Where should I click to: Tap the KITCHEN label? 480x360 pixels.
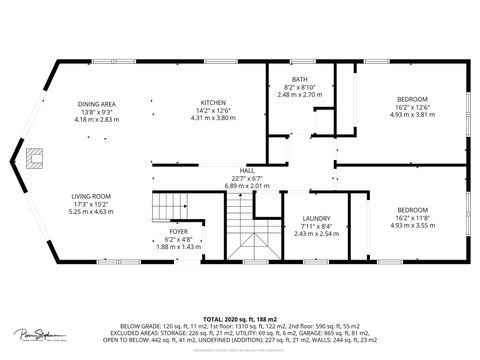tap(213, 104)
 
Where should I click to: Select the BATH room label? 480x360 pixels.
tap(300, 79)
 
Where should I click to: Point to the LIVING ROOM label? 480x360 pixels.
tap(91, 196)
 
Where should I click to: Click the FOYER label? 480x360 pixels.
tap(179, 231)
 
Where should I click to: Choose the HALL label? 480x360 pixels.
tap(247, 171)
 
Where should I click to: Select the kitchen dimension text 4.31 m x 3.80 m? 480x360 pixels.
tap(213, 119)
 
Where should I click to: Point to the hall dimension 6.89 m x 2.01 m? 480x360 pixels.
tap(247, 186)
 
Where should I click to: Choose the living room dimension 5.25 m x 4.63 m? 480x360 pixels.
tap(91, 211)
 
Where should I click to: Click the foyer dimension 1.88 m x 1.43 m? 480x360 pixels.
tap(179, 245)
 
